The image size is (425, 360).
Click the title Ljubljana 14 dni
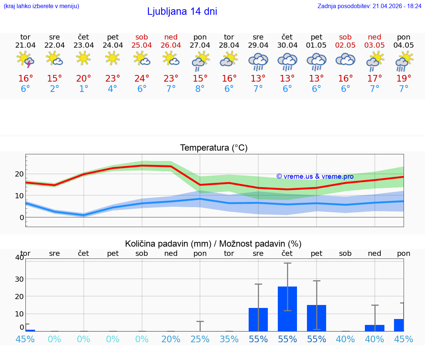point(182,11)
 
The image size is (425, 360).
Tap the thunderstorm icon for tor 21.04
point(25,59)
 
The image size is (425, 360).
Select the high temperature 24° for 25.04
point(142,79)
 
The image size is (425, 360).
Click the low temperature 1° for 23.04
point(84,89)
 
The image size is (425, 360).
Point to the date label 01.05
point(316,45)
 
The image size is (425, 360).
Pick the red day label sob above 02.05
point(345,37)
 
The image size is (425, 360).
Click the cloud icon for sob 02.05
point(345,59)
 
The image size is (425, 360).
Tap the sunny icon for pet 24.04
point(113,58)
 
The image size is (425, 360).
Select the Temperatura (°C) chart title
point(214,148)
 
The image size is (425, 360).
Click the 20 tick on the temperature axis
point(19,174)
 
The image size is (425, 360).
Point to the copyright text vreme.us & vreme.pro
point(315,176)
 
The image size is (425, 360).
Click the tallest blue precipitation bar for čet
point(287,309)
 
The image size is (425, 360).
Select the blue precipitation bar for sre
point(258,319)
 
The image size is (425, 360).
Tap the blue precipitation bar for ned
point(374,328)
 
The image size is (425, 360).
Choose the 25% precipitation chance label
point(200,339)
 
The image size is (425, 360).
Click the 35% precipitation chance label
point(229,339)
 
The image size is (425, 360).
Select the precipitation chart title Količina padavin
point(213,244)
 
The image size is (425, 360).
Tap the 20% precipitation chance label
point(171,339)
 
